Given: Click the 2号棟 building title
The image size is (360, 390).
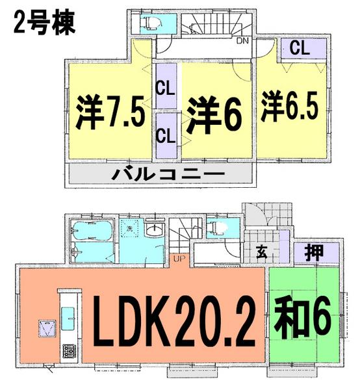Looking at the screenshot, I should pos(43,23).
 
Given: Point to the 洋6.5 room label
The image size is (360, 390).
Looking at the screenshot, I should pos(290,107).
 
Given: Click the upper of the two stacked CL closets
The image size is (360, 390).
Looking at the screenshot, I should pos(164,88).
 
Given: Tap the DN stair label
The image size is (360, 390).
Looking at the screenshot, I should pos(242,42).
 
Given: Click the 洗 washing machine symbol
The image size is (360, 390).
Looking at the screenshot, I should pos(130,229).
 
